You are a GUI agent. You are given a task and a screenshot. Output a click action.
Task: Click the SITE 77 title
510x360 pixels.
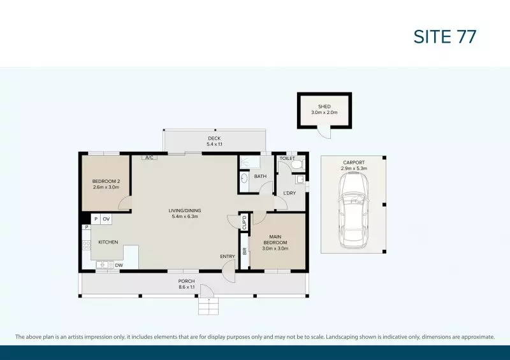click(x=444, y=36)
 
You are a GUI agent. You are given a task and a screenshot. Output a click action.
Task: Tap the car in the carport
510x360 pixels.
click(x=353, y=211)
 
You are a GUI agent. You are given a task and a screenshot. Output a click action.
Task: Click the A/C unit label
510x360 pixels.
click(x=150, y=157)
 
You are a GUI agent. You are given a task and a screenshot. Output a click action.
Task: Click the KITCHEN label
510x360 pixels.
click(x=108, y=242)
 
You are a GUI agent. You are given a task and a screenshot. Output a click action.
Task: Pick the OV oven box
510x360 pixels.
click(x=106, y=219)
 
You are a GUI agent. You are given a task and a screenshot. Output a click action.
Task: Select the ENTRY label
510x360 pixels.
click(x=228, y=256)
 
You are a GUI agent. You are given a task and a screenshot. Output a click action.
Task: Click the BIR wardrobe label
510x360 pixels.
click(x=244, y=251)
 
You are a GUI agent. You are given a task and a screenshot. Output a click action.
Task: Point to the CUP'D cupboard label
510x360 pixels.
click(x=244, y=222)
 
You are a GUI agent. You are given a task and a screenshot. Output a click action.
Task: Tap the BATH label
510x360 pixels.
click(x=260, y=176)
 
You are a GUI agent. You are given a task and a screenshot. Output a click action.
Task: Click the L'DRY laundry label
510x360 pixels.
click(x=289, y=193)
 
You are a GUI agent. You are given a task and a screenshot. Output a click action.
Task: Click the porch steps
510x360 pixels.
click(x=207, y=307)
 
